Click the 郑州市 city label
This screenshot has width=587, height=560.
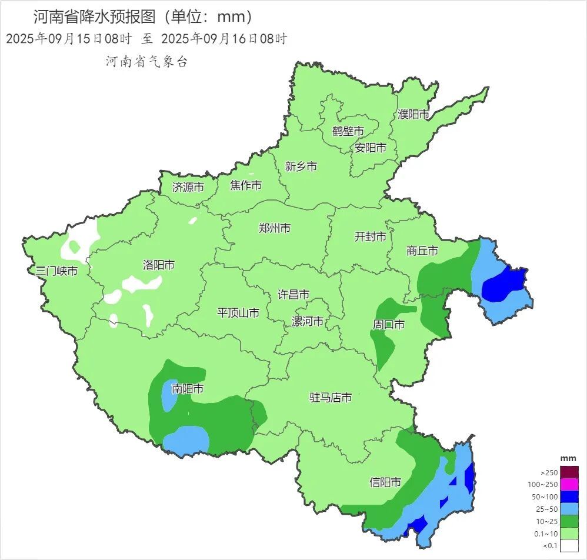tap(275, 228)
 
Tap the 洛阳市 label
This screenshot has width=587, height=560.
tap(159, 265)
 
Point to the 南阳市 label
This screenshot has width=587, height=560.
tap(188, 389)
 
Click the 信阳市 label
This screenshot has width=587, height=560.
tap(385, 482)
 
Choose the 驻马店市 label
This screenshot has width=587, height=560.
tap(331, 398)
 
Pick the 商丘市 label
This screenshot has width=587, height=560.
tap(422, 251)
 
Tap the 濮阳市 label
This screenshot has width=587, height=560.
tap(413, 115)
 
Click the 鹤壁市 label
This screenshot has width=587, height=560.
tap(348, 131)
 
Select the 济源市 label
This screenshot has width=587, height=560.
tap(188, 188)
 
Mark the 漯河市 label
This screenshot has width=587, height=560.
tap(308, 322)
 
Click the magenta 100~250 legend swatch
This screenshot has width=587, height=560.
tap(569, 484)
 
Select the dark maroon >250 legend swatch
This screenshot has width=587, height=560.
tap(569, 472)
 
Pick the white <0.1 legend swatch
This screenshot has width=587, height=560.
tap(569, 545)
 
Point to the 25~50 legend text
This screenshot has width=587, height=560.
tap(547, 509)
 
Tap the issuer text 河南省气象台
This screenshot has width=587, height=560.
tap(146, 62)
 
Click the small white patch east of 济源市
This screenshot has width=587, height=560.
tap(192, 221)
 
